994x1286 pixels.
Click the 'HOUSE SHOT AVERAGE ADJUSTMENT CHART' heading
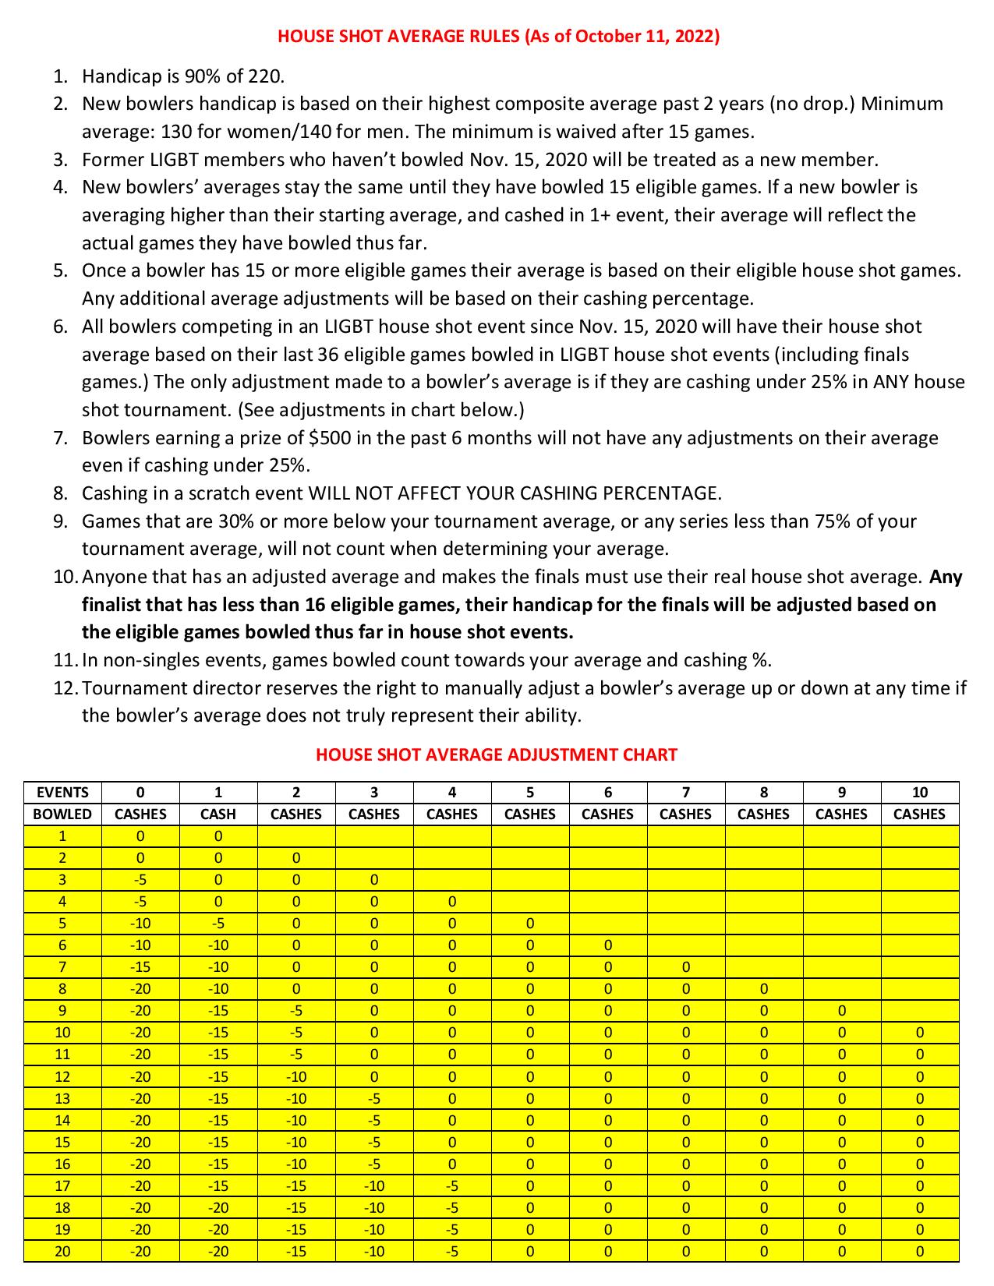click(x=497, y=754)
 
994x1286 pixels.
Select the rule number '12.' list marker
click(x=65, y=688)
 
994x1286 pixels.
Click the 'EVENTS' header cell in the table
click(x=62, y=793)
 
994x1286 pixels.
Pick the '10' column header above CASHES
click(x=920, y=793)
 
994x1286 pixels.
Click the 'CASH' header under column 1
click(x=218, y=814)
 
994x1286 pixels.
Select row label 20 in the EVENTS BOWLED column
click(x=62, y=1252)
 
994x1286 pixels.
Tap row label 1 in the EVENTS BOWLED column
click(x=62, y=836)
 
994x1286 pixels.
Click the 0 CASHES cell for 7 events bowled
click(x=140, y=967)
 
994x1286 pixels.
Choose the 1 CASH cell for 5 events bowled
click(x=218, y=924)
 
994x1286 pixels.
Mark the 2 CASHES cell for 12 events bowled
click(x=296, y=1077)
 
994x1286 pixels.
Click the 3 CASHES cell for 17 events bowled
click(x=374, y=1186)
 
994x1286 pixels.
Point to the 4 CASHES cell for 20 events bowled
click(x=452, y=1252)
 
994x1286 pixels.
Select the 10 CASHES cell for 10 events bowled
click(x=920, y=1033)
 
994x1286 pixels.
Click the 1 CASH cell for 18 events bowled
click(x=218, y=1208)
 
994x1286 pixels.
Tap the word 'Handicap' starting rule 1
click(x=120, y=76)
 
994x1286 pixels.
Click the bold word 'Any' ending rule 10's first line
click(x=946, y=577)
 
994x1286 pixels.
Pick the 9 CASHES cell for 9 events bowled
click(x=842, y=1011)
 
